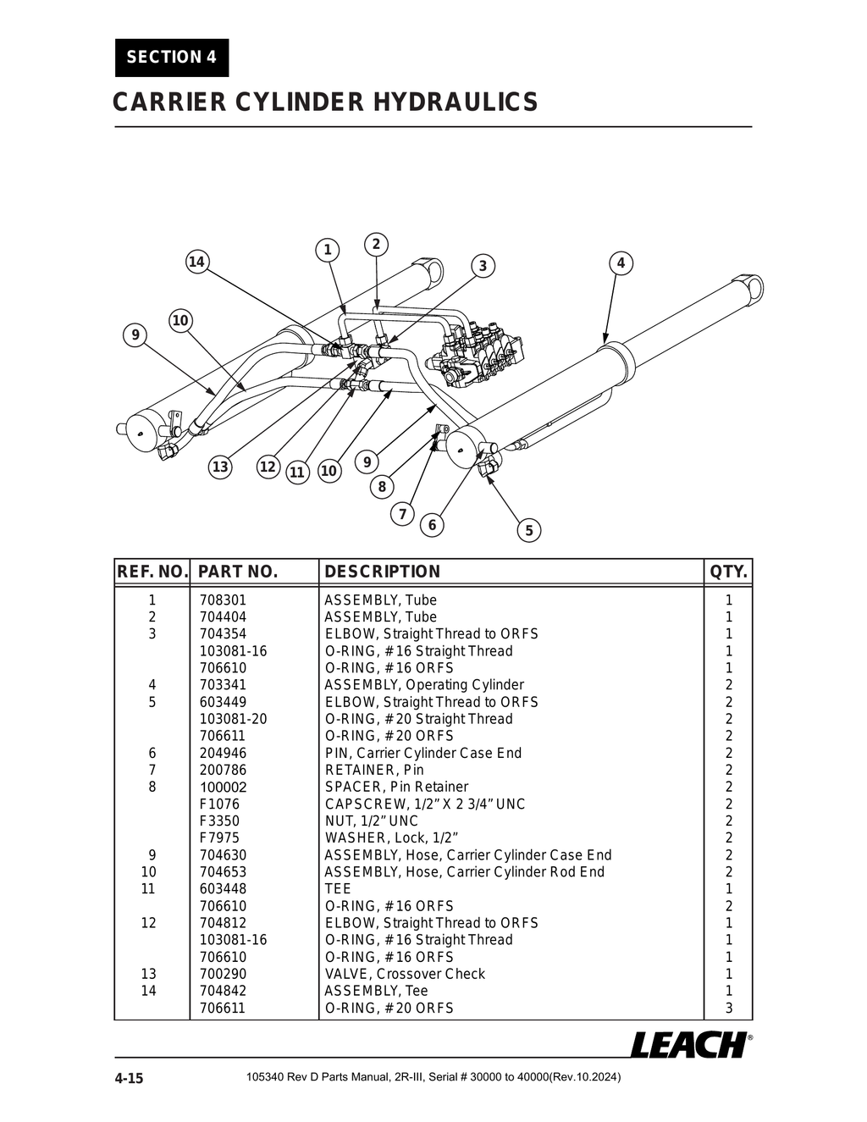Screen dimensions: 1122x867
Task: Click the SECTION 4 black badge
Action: pyautogui.click(x=172, y=58)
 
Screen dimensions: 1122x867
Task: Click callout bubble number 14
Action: pyautogui.click(x=196, y=262)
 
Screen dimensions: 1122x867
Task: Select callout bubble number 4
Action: pyautogui.click(x=621, y=263)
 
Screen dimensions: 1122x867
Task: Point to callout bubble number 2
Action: pyautogui.click(x=376, y=245)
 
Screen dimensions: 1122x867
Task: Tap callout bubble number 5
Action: pyautogui.click(x=529, y=530)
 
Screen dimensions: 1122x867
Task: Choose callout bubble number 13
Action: pyautogui.click(x=220, y=467)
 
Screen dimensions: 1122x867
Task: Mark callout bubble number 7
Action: pyautogui.click(x=402, y=514)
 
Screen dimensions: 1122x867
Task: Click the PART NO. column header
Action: pyautogui.click(x=238, y=572)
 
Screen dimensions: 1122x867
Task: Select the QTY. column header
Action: pyautogui.click(x=728, y=572)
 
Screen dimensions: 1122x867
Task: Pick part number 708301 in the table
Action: pyautogui.click(x=223, y=600)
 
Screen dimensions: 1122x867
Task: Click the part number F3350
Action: pyautogui.click(x=219, y=821)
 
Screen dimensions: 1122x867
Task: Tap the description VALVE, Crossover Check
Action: pyautogui.click(x=405, y=974)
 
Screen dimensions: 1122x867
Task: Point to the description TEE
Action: pyautogui.click(x=338, y=889)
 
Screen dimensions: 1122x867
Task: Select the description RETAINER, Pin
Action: pyautogui.click(x=374, y=770)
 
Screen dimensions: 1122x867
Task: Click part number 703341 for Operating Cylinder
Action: pyautogui.click(x=223, y=685)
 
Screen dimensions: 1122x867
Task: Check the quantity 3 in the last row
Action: pyautogui.click(x=728, y=1008)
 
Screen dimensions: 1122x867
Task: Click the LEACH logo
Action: pyautogui.click(x=689, y=1045)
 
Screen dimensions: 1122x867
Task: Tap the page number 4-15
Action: pyautogui.click(x=130, y=1078)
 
